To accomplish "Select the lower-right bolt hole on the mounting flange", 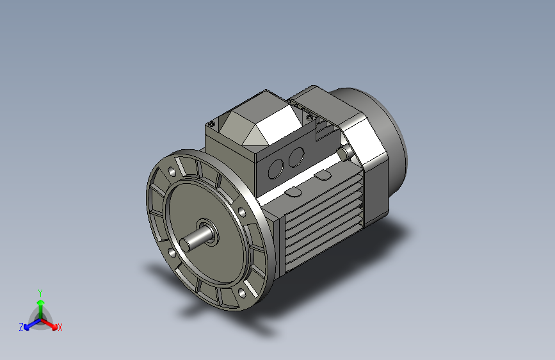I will pos(243,293).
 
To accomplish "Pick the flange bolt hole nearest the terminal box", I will pos(241,212).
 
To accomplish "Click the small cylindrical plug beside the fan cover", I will pos(346,152).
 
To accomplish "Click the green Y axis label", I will pos(40,291).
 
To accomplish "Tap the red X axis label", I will pos(60,328).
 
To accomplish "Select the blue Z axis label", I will pos(21,327).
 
